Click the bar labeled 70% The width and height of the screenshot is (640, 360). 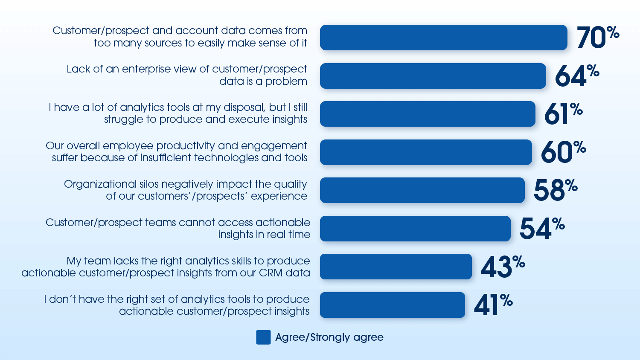tap(443, 38)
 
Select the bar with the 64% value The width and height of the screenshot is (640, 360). tap(433, 76)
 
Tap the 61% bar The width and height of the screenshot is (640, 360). tap(428, 114)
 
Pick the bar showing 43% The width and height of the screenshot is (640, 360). tap(396, 267)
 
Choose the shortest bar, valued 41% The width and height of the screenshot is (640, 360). tap(392, 305)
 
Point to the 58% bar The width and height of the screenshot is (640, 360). tap(422, 190)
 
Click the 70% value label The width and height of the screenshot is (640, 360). tap(597, 37)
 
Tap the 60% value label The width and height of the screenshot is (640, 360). tap(563, 152)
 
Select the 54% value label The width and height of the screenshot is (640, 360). tap(541, 228)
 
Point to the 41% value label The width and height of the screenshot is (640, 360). tap(493, 305)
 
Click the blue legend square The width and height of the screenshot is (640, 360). tap(263, 337)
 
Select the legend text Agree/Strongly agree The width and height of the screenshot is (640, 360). tap(329, 337)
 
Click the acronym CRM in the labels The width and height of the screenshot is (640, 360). tap(271, 273)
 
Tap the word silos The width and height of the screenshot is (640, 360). tap(149, 184)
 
